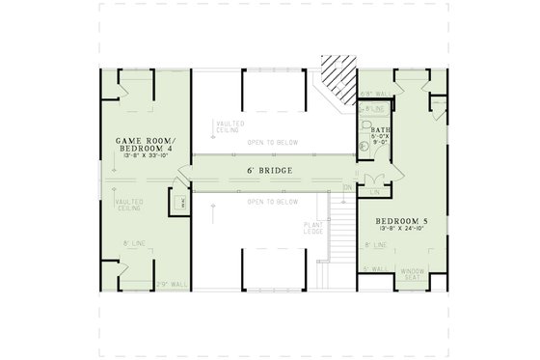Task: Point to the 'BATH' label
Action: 379,129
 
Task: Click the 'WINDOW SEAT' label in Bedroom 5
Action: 413,272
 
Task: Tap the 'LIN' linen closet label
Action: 375,191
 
